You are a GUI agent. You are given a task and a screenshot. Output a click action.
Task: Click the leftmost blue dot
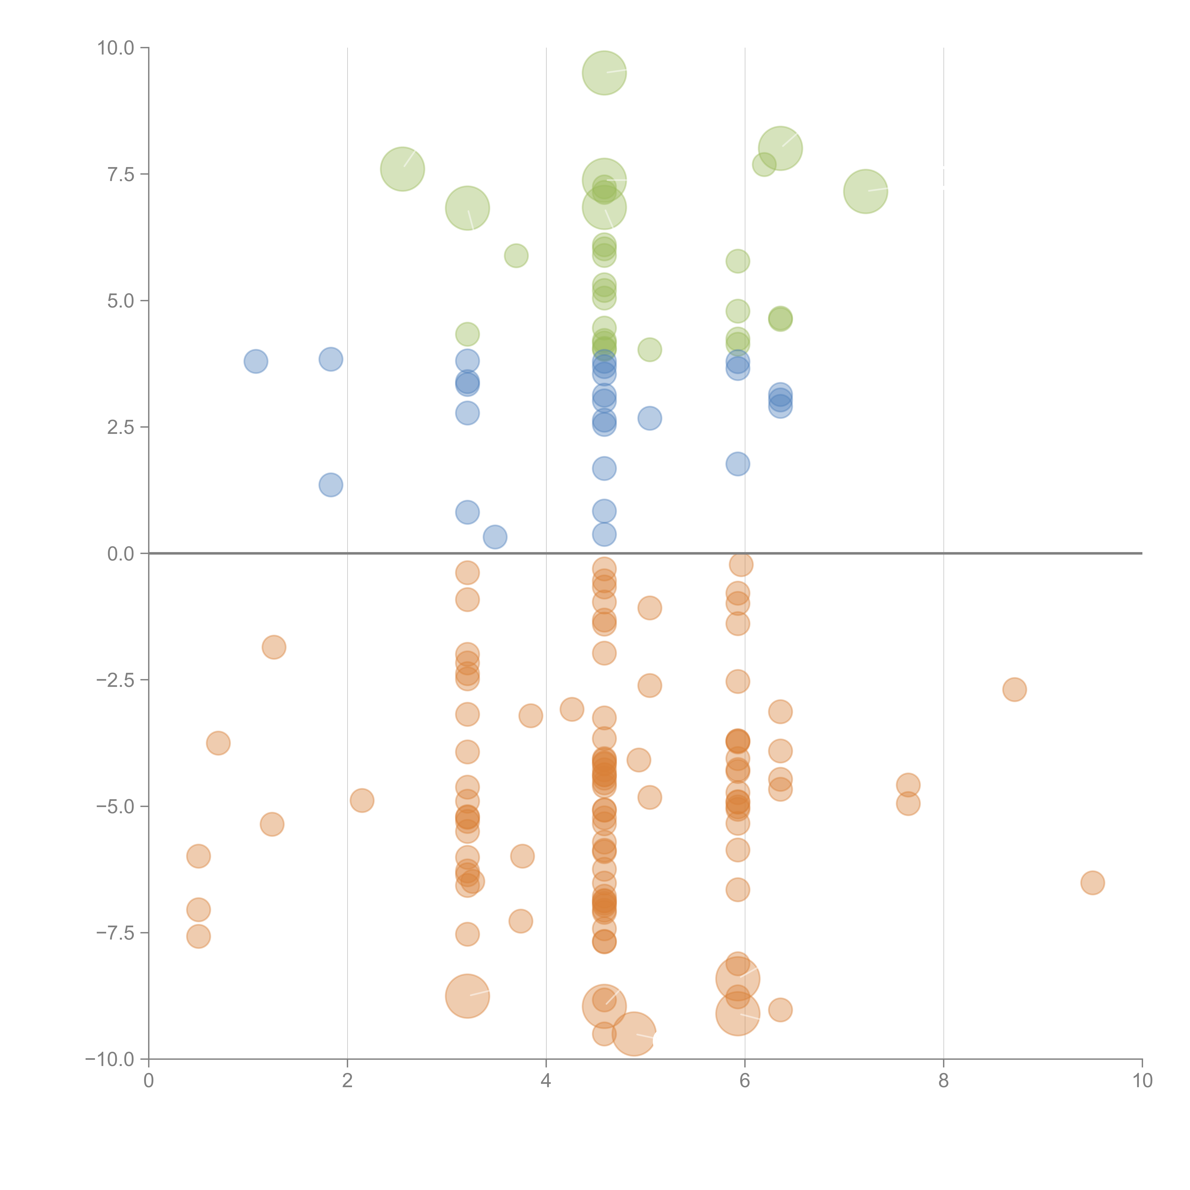click(x=256, y=361)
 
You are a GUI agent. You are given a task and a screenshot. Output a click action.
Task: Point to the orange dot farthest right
click(x=1092, y=883)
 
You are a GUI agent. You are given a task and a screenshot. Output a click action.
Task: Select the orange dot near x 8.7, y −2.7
click(x=1014, y=689)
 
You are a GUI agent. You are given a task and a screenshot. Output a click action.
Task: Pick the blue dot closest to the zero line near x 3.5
click(x=495, y=537)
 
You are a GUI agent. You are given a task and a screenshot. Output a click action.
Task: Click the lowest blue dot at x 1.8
click(x=331, y=485)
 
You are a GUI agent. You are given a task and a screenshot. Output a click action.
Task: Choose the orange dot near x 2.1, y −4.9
click(x=362, y=800)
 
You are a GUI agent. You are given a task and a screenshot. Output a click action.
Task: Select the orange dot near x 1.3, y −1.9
click(x=273, y=647)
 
